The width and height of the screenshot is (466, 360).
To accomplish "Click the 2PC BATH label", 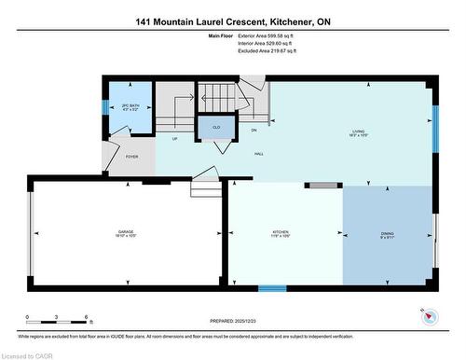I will [x=131, y=108].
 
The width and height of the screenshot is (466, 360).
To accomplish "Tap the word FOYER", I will [x=131, y=156].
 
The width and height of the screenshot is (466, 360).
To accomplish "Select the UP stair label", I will [x=174, y=139].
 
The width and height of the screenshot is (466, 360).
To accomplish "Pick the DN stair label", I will [x=254, y=130].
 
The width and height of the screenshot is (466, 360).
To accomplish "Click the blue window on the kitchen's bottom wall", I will [x=272, y=288].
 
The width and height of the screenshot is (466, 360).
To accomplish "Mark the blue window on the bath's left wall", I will [x=104, y=104].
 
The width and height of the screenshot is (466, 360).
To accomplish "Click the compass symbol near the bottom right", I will [x=428, y=316].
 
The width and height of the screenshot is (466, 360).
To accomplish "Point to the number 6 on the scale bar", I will [x=85, y=318].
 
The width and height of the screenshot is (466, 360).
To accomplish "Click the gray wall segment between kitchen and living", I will [x=324, y=187].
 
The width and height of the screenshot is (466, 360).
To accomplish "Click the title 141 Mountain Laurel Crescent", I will [x=206, y=20].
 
